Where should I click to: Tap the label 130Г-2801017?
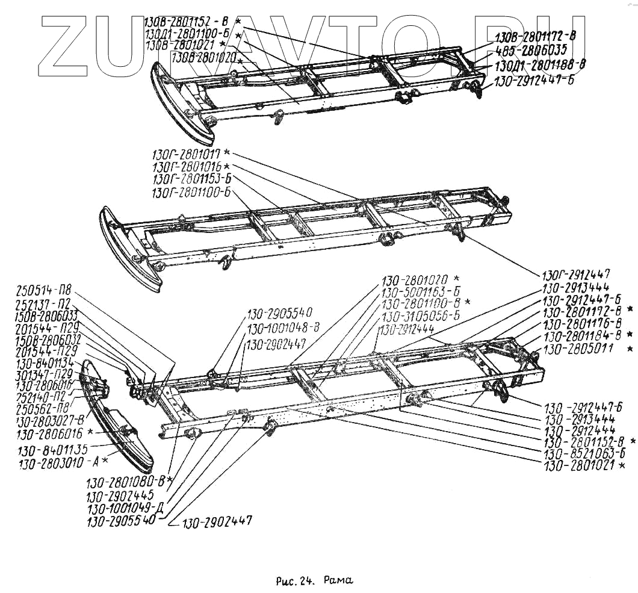point(187,154)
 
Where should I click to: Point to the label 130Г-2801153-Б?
point(191,179)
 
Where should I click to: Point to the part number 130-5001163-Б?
point(421,292)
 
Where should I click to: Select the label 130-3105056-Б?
point(421,316)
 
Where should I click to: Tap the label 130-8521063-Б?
point(583,454)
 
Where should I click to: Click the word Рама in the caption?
point(338,581)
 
